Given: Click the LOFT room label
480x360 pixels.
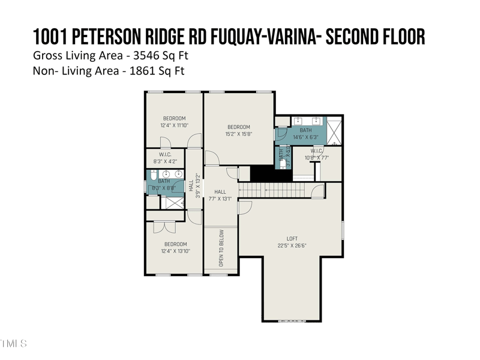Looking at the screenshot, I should point(292,239).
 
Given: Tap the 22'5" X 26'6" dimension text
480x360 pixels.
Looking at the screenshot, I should point(292,245).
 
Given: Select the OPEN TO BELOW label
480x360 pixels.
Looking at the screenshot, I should point(221,248).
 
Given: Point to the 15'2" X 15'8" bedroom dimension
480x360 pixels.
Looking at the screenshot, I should point(238,134).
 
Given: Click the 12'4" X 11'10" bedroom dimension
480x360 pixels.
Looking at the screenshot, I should point(174,125).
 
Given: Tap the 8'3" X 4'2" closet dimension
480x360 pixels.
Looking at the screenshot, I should point(166,161).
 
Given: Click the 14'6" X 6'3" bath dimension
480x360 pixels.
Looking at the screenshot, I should point(305,137).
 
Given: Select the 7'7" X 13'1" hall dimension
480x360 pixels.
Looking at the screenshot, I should point(220,199).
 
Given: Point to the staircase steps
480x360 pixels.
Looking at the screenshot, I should point(276,190).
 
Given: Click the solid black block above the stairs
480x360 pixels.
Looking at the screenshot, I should point(262,173).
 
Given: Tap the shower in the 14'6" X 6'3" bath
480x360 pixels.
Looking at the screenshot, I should point(334,131).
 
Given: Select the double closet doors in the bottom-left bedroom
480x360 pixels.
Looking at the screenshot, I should point(164,227).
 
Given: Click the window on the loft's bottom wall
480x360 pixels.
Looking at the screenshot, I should point(292,322).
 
